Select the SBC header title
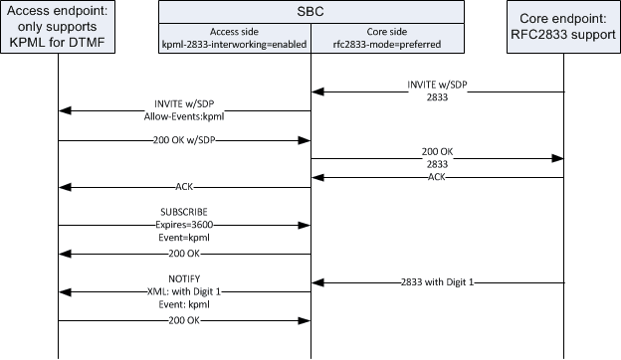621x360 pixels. pyautogui.click(x=310, y=12)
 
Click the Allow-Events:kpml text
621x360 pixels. pyautogui.click(x=185, y=115)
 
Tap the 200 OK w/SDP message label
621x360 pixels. pyautogui.click(x=185, y=140)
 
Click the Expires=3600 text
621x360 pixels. pyautogui.click(x=185, y=226)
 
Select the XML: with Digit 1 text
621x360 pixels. pyautogui.click(x=185, y=292)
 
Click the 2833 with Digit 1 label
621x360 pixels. pyautogui.click(x=439, y=283)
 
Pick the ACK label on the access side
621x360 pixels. pyautogui.click(x=185, y=186)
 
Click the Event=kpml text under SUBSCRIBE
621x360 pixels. pyautogui.click(x=185, y=239)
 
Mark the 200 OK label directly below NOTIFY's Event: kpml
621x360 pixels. pyautogui.click(x=185, y=321)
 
